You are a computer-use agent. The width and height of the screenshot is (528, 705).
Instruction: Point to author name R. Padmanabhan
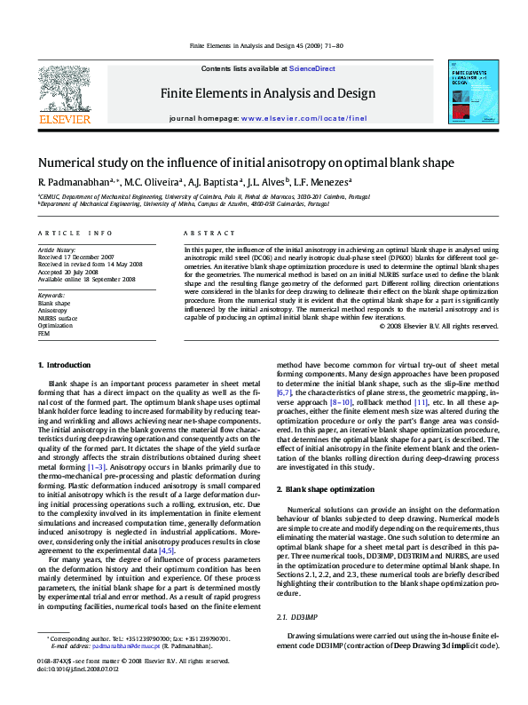(x=76, y=183)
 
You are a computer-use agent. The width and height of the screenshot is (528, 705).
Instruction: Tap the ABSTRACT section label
(x=202, y=233)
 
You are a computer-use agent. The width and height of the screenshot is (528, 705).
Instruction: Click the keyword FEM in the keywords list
(x=43, y=333)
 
